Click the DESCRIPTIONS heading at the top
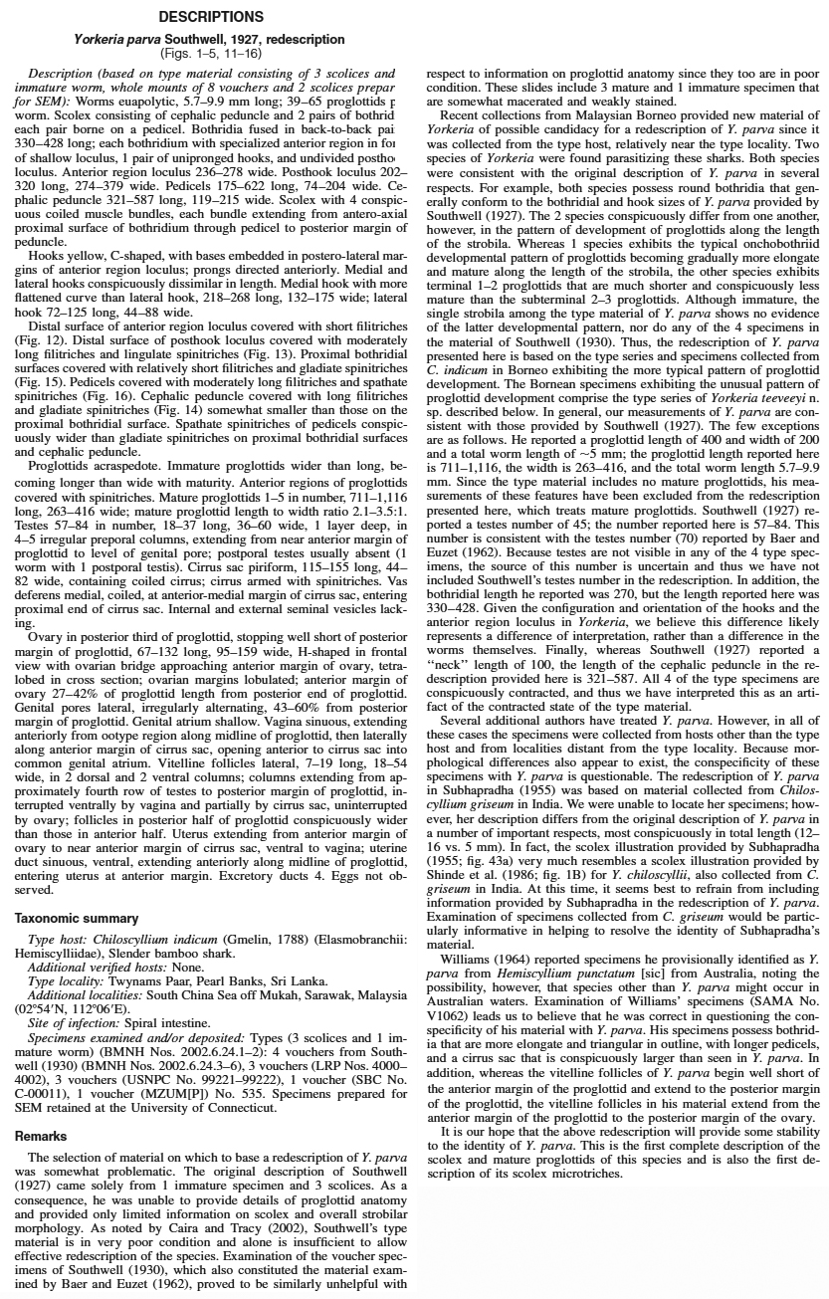[210, 17]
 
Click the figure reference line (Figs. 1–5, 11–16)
[210, 53]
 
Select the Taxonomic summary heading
[77, 918]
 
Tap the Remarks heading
[41, 1136]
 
